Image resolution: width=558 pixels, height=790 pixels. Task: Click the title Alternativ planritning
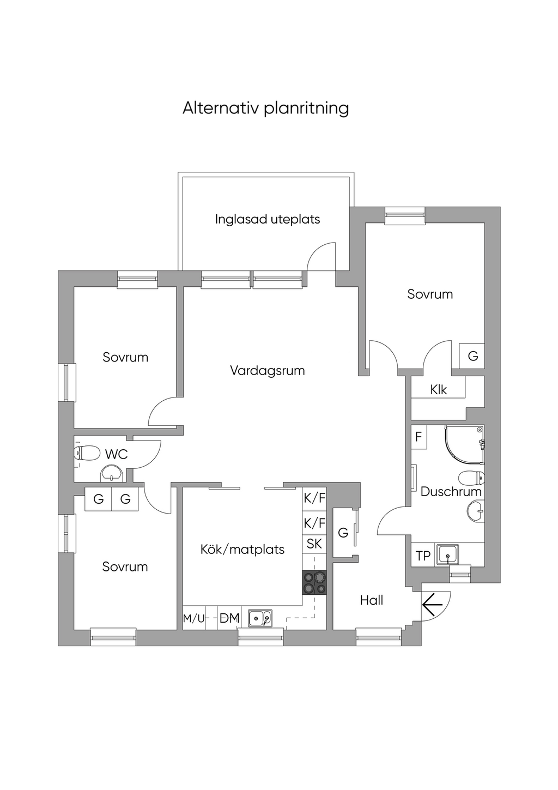pyautogui.click(x=265, y=108)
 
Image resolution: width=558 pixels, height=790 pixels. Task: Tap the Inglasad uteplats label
pyautogui.click(x=268, y=219)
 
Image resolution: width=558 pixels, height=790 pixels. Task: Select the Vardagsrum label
pyautogui.click(x=267, y=371)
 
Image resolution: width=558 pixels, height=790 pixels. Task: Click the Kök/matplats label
pyautogui.click(x=242, y=550)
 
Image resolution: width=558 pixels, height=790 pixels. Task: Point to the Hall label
pyautogui.click(x=372, y=600)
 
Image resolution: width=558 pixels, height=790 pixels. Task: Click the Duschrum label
pyautogui.click(x=451, y=492)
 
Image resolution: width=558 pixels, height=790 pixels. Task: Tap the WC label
pyautogui.click(x=116, y=454)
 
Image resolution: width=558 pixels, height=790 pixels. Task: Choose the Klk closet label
pyautogui.click(x=438, y=390)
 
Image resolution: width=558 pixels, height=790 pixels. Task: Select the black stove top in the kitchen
pyautogui.click(x=314, y=583)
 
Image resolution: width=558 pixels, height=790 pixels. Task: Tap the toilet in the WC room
pyautogui.click(x=87, y=453)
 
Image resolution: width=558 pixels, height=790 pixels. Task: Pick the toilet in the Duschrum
pyautogui.click(x=471, y=479)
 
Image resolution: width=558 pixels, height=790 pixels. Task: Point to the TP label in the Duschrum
pyautogui.click(x=423, y=556)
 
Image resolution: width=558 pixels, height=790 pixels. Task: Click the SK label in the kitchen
pyautogui.click(x=314, y=544)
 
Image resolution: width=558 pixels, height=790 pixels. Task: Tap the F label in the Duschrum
pyautogui.click(x=418, y=437)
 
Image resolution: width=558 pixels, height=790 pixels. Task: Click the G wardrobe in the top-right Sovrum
pyautogui.click(x=472, y=356)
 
